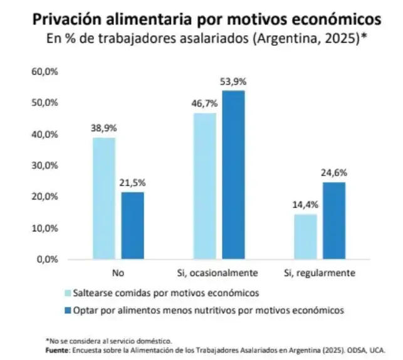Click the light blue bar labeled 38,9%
104,198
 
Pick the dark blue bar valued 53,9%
233,175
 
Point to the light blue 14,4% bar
305,236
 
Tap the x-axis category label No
118,273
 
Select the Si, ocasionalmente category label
219,273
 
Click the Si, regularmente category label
320,273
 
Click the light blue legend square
68,293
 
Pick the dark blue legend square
68,309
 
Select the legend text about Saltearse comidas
166,293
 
